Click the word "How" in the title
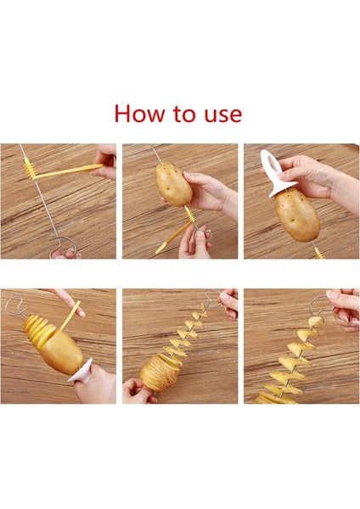tap(139, 114)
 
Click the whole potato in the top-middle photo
tap(172, 184)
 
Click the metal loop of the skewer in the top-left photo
tap(64, 250)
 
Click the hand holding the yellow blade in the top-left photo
tap(105, 162)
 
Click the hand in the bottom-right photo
tap(344, 307)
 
